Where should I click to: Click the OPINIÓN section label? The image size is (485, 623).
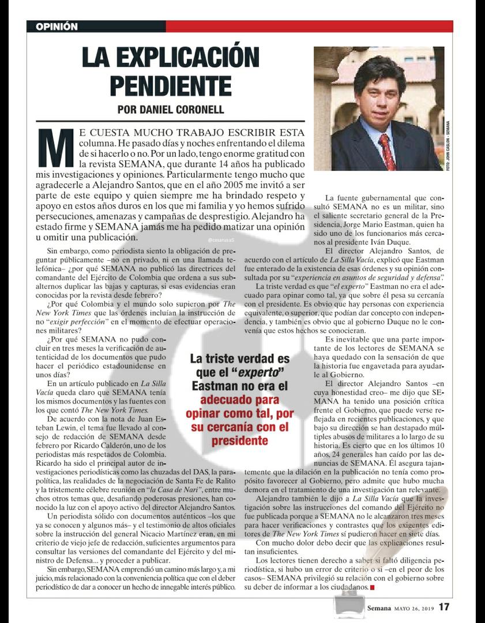coord(57,27)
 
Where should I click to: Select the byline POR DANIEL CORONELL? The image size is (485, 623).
coord(170,110)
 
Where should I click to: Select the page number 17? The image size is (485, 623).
coord(444,607)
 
